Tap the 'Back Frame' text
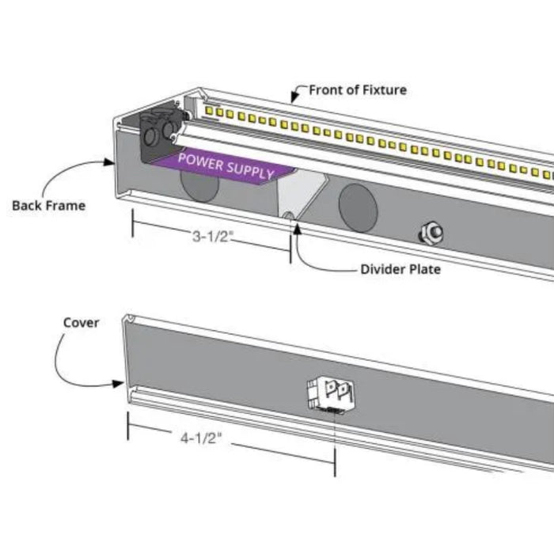click(x=48, y=206)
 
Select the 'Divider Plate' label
click(x=400, y=269)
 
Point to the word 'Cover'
click(x=81, y=323)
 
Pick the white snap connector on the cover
click(x=331, y=394)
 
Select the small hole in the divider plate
click(x=289, y=214)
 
